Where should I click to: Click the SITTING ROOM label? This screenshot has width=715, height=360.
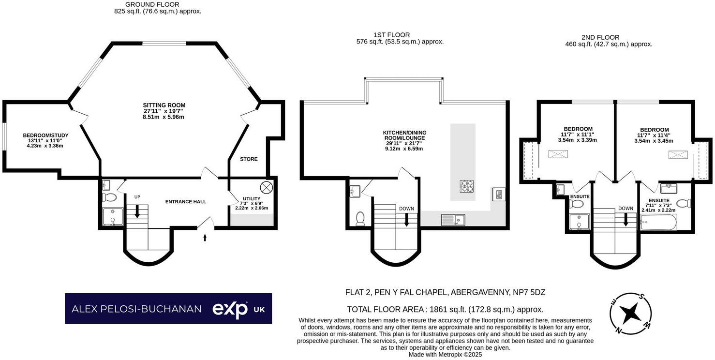coord(164,105)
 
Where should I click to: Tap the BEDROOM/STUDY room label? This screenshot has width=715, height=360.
coord(45,135)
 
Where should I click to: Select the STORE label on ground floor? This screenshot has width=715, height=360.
coord(249,159)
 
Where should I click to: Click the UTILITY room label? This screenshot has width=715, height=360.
coord(252,198)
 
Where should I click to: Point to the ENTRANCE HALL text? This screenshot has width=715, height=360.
coord(186,202)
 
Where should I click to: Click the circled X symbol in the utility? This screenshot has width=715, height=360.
coord(267,187)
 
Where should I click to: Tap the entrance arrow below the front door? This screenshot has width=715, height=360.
coord(205,238)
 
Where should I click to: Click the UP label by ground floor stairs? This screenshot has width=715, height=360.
coord(137,197)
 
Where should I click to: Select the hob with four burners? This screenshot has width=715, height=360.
coord(466,186)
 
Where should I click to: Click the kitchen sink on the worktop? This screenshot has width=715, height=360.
coord(453,220)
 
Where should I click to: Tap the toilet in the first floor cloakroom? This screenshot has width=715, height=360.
coord(359,219)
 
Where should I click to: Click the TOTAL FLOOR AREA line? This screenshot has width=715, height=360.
coord(445,310)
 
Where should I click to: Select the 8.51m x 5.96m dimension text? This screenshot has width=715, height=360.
coord(164,117)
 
